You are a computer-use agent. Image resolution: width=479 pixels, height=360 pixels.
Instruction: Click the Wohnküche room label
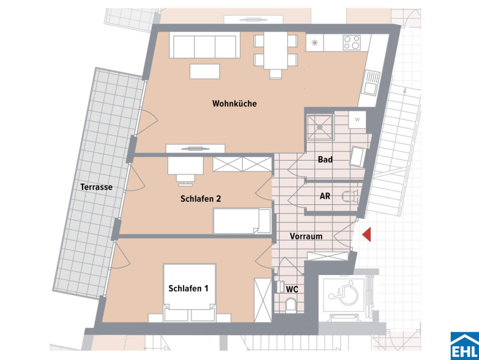[x=234, y=104]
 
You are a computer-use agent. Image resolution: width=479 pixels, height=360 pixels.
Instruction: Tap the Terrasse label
[x=96, y=187]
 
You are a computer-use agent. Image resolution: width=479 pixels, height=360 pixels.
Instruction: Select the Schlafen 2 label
[x=200, y=199]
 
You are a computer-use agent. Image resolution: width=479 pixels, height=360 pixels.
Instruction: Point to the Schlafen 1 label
[x=188, y=289]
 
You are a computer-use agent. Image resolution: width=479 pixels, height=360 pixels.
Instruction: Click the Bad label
[x=325, y=159]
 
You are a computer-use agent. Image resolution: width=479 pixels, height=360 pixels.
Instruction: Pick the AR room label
[x=325, y=196]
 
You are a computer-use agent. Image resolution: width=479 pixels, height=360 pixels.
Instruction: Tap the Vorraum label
[x=306, y=236]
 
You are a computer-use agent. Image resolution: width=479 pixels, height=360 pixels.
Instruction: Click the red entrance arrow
[x=367, y=235]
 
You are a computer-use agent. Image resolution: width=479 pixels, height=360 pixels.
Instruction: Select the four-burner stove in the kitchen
[x=352, y=42]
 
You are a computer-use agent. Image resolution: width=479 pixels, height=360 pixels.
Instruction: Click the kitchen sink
[x=371, y=82]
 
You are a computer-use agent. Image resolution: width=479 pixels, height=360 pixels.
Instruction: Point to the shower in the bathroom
[x=320, y=126]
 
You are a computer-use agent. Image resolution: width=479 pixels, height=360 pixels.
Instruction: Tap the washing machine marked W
[x=357, y=119]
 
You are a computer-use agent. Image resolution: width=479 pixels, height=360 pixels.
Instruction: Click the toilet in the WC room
[x=290, y=306]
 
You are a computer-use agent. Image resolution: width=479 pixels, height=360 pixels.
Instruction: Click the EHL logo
[x=465, y=346]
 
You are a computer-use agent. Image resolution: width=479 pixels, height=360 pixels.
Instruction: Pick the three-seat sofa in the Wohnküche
[x=205, y=45]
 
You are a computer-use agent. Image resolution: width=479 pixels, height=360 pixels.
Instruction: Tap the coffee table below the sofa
[x=205, y=71]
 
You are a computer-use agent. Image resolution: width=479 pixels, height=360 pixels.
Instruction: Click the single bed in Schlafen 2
[x=242, y=221]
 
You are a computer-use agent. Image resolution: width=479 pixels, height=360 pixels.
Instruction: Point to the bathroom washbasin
[x=357, y=156]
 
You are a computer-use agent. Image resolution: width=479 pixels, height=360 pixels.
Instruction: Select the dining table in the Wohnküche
[x=275, y=51]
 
